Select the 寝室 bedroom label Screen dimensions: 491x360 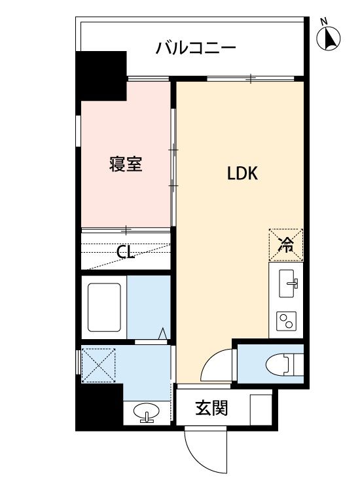[x=125, y=164]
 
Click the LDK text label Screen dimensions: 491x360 [x=243, y=173]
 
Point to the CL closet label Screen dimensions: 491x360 [x=126, y=252]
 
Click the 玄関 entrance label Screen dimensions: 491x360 [x=211, y=408]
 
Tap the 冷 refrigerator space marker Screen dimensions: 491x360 [x=286, y=245]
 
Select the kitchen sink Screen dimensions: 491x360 [x=287, y=283]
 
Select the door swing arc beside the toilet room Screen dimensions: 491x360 [x=218, y=365]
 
